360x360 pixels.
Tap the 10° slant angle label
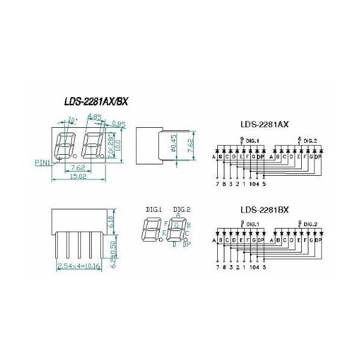(x=73, y=120)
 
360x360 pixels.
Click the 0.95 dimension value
(x=118, y=125)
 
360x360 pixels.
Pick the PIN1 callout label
(x=43, y=161)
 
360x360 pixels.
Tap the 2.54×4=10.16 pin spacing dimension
(x=79, y=265)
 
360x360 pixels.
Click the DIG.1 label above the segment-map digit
(x=154, y=209)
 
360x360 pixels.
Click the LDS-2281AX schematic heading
(x=265, y=125)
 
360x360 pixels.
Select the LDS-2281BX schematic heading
(x=265, y=210)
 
